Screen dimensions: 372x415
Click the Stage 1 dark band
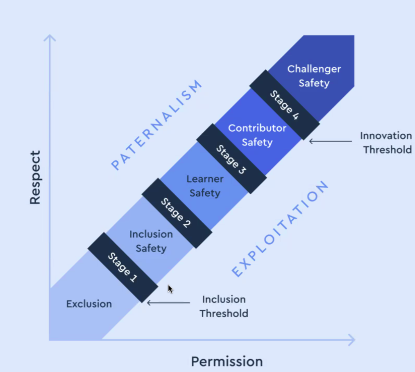(x=123, y=267)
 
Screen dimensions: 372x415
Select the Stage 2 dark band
(x=177, y=213)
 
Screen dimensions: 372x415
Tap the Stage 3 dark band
(x=231, y=159)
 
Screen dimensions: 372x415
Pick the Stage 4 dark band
(x=285, y=105)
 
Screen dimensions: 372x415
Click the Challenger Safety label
(x=314, y=76)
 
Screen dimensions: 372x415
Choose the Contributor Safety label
(x=257, y=135)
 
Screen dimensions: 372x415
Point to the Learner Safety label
(x=205, y=186)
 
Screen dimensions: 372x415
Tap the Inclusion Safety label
(x=151, y=241)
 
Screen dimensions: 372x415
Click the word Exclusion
(x=89, y=304)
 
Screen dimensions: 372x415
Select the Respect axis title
(x=35, y=177)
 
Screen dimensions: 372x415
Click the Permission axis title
(x=227, y=361)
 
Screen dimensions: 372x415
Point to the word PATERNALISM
(x=157, y=125)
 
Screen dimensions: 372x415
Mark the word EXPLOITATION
(x=280, y=229)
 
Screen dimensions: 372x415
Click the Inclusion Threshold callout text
(x=224, y=306)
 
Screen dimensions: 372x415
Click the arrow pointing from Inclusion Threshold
(x=168, y=303)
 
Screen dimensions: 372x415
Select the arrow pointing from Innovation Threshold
(x=330, y=141)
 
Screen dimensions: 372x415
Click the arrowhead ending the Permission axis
(x=352, y=340)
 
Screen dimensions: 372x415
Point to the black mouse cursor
(x=170, y=289)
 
